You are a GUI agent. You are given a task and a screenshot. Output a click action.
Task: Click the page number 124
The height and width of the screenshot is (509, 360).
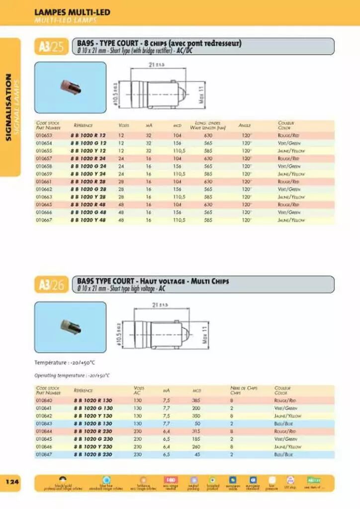coord(12,482)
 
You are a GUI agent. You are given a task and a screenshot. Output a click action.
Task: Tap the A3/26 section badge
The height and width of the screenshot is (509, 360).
coord(51,285)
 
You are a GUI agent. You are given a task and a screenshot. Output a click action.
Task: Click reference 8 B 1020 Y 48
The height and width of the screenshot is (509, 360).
coord(90,220)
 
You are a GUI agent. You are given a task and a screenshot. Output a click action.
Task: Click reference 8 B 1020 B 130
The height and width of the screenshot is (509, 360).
coord(93,424)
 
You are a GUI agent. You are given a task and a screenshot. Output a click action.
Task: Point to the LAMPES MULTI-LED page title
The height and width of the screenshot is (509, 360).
coord(72,12)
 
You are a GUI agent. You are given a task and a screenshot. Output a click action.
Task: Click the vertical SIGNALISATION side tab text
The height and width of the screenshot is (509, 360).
coord(8,107)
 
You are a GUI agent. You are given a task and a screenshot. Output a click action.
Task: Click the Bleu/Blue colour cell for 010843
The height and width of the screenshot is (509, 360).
coord(285,424)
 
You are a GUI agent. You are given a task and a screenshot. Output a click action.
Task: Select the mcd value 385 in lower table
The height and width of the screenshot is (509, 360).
coord(196,400)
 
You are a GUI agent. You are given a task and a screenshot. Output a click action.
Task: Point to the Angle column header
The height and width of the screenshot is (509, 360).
coord(244,125)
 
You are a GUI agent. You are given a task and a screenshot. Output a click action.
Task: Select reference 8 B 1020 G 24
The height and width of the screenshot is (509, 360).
coord(89,166)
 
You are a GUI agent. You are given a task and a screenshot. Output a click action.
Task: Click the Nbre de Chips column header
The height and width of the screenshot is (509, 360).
coord(243,390)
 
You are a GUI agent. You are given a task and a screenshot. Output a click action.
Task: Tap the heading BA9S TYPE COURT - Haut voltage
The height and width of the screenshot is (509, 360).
coord(153,281)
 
